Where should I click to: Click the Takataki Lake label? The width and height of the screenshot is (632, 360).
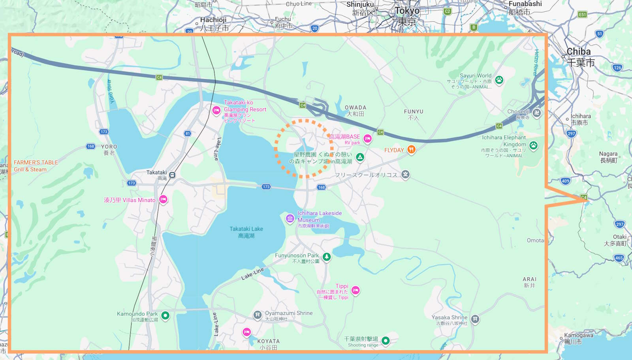(246, 232)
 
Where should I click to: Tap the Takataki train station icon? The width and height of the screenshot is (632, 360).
(172, 175)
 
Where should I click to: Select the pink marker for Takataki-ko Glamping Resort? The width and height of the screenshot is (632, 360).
(216, 110)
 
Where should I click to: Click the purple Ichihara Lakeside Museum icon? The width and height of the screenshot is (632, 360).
(290, 218)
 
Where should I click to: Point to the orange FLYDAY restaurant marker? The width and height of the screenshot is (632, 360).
(411, 149)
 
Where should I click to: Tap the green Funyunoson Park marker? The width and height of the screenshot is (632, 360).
(327, 257)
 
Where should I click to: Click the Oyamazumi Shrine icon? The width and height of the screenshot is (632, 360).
(258, 315)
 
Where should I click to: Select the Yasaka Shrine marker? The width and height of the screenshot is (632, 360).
(475, 319)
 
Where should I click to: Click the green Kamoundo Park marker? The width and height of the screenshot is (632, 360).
(166, 315)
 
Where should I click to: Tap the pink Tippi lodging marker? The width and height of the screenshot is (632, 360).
(355, 290)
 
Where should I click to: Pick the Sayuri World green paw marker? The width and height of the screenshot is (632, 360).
(499, 80)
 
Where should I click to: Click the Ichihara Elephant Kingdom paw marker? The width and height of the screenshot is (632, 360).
(534, 145)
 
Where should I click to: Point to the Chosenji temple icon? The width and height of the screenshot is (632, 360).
(536, 113)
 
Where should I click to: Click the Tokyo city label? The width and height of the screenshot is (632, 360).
(407, 11)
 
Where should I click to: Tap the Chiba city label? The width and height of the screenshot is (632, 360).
(579, 52)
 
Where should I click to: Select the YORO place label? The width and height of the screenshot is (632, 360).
(109, 147)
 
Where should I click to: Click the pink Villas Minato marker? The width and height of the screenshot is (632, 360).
(163, 199)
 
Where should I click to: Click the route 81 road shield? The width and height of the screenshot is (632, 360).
(188, 134)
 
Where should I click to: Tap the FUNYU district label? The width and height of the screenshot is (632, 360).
(414, 112)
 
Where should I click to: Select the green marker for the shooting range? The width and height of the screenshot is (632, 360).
(386, 340)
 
